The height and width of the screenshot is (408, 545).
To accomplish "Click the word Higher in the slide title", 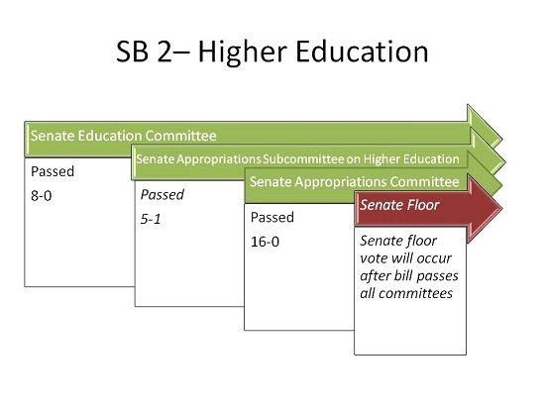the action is [x=242, y=52].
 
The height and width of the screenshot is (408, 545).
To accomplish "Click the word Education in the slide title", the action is [x=362, y=51].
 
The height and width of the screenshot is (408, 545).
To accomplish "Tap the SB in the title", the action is [x=133, y=51].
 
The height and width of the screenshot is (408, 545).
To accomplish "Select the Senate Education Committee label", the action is [x=124, y=136].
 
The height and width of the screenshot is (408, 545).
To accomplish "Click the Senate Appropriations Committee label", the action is [x=354, y=182].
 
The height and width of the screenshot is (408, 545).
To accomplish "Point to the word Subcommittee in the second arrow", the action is [x=303, y=159].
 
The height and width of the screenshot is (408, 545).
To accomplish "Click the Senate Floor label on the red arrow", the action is [x=399, y=205].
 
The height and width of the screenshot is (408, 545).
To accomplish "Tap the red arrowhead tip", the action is [x=501, y=209].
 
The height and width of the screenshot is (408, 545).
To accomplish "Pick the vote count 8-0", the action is [x=41, y=196].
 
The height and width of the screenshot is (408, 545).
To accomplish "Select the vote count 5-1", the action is [x=151, y=219].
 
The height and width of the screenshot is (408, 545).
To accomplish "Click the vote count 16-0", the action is [x=265, y=242].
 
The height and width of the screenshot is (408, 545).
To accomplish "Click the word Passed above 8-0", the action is [x=53, y=171].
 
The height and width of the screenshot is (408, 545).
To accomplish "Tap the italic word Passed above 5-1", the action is [x=163, y=195].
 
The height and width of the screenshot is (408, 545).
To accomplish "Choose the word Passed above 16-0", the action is [x=272, y=217].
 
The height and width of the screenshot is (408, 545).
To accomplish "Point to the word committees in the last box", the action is [x=415, y=293].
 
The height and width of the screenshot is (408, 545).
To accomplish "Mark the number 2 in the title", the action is [x=164, y=51].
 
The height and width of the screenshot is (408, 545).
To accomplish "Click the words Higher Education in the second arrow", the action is [x=411, y=159].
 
